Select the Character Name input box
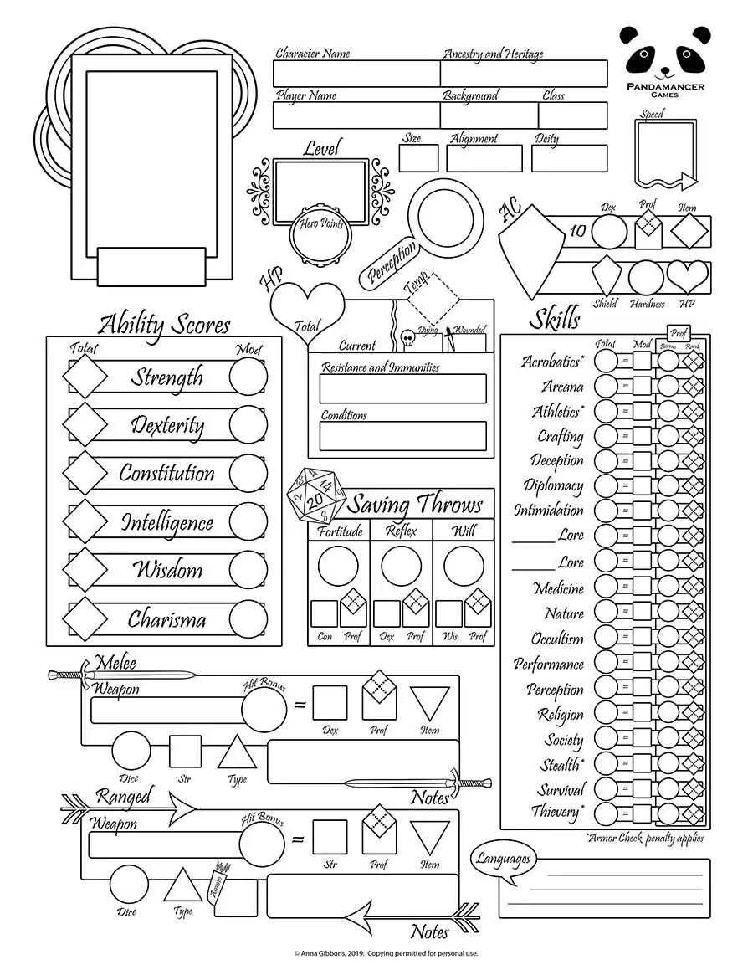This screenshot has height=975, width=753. (x=356, y=74)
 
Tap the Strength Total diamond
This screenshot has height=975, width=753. (x=85, y=377)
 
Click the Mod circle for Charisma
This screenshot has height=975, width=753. (x=248, y=619)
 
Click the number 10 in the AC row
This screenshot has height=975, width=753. (x=577, y=231)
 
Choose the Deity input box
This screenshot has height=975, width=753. (x=569, y=158)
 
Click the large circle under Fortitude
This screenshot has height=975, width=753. (x=338, y=567)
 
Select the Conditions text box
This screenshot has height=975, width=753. (x=402, y=436)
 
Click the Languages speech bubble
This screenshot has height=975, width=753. (x=504, y=859)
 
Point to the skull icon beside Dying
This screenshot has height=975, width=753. (x=407, y=337)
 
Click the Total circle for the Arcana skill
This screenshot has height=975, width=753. (x=606, y=387)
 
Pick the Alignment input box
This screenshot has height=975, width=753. (x=484, y=158)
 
